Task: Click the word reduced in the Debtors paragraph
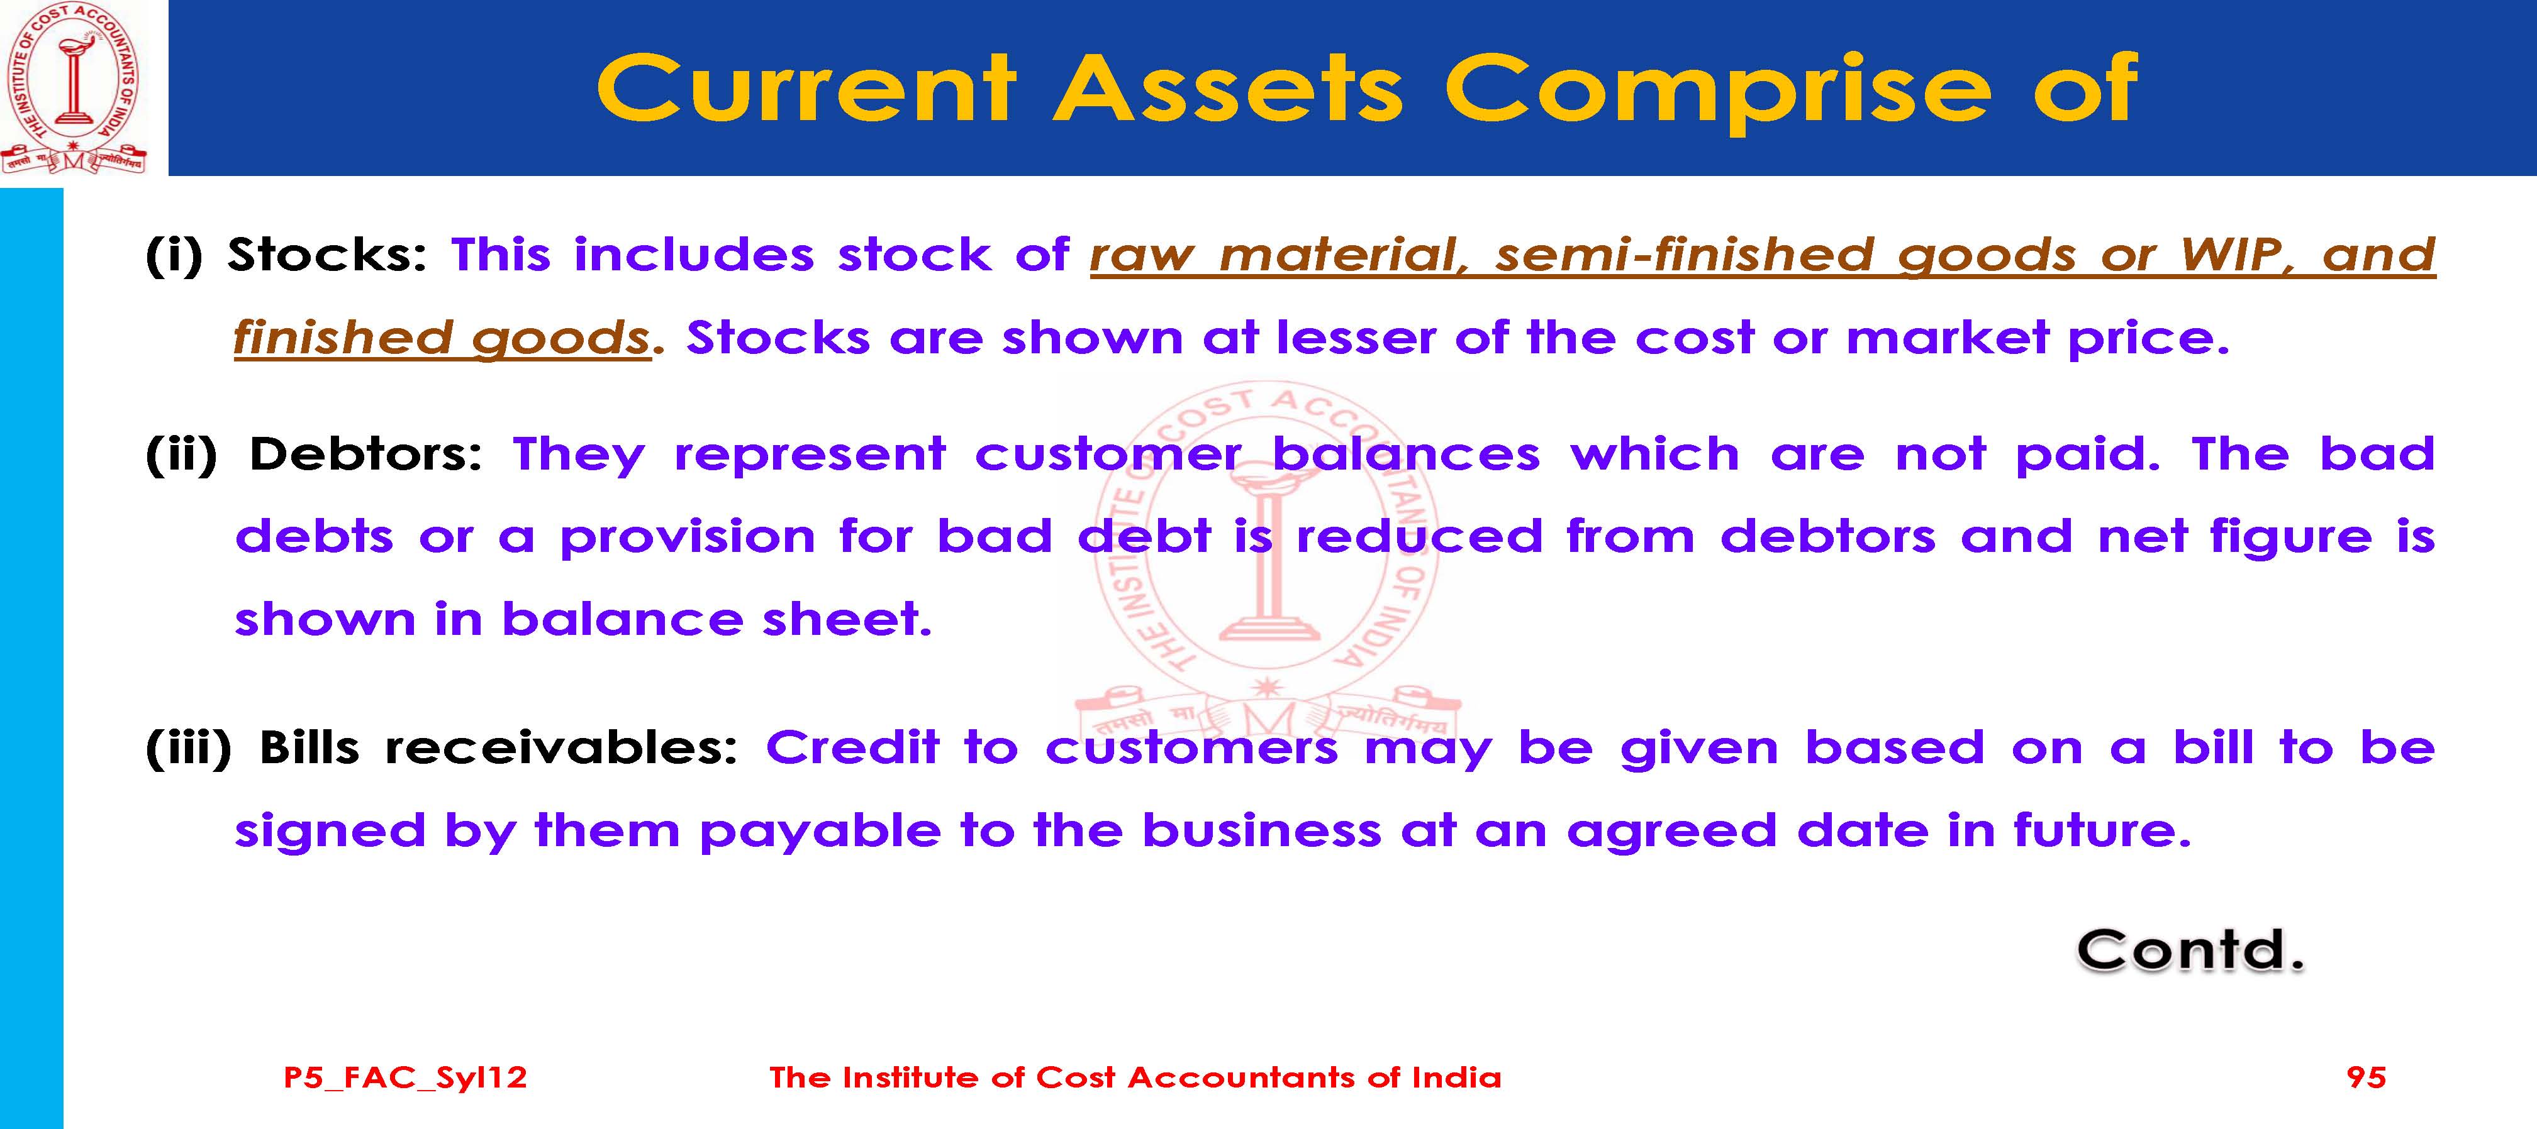click(1419, 536)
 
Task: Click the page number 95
click(2367, 1077)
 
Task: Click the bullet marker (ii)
click(181, 454)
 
